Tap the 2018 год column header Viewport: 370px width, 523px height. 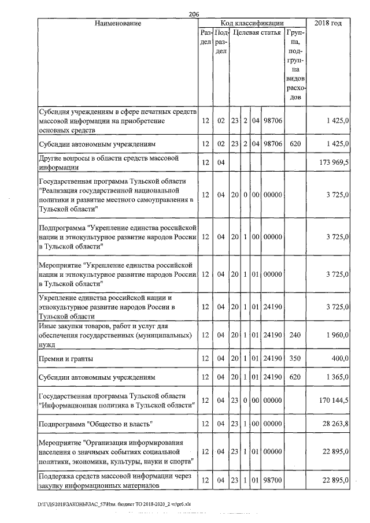coord(328,23)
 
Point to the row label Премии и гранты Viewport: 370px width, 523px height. coord(65,359)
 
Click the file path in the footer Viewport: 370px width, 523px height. coord(114,505)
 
